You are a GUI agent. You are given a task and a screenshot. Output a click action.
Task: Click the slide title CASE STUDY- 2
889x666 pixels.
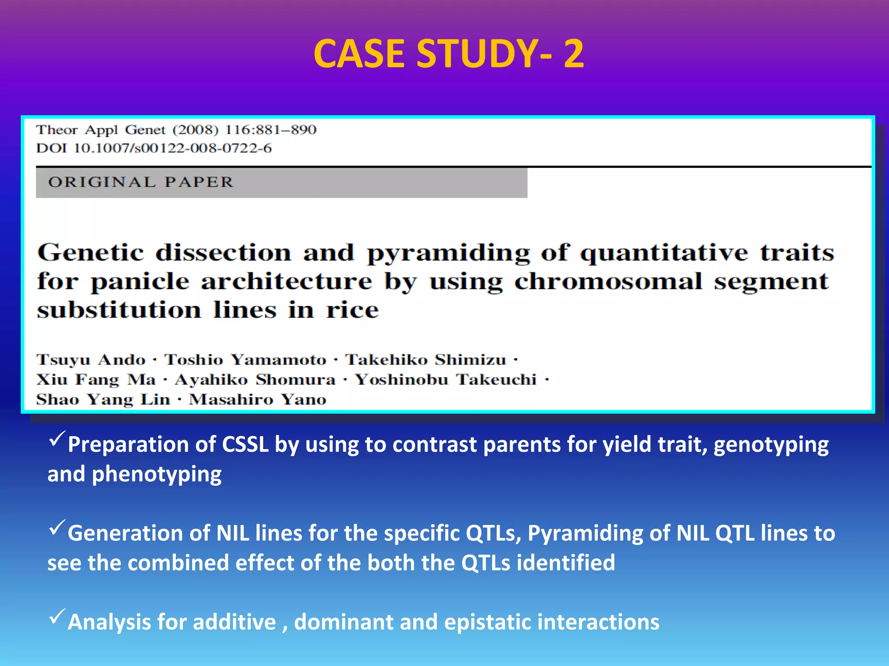click(448, 54)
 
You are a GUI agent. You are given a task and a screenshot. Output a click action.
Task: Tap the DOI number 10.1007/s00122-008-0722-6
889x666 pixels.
click(172, 148)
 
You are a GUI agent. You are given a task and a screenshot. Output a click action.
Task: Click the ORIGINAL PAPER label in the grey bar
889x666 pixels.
click(141, 182)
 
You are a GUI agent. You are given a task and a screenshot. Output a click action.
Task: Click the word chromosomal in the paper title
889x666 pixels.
click(608, 282)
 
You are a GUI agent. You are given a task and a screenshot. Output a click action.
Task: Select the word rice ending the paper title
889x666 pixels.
click(352, 310)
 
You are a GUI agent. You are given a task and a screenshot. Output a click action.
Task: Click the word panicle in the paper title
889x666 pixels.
click(140, 282)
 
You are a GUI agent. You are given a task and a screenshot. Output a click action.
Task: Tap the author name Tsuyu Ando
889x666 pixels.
click(91, 360)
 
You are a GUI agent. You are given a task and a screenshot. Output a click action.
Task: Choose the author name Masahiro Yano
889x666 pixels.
click(257, 399)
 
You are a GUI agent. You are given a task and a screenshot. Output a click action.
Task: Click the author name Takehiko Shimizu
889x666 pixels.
click(426, 360)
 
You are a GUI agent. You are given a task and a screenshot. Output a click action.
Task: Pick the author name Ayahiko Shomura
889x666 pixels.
click(255, 380)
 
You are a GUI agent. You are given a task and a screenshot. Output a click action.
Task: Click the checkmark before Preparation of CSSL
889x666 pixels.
click(57, 439)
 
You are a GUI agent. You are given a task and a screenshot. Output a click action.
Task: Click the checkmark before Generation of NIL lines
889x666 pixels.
click(57, 528)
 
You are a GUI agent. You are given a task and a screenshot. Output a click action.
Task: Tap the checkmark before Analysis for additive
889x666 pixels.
click(57, 616)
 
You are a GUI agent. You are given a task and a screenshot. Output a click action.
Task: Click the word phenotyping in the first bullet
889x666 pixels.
click(157, 474)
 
